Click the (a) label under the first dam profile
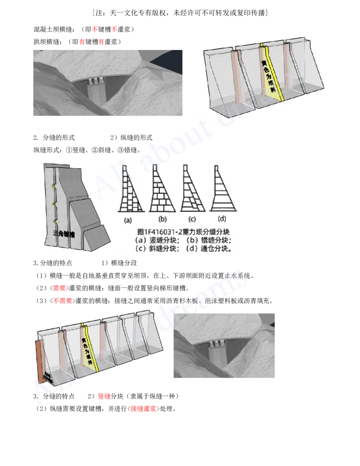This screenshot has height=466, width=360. click(x=128, y=221)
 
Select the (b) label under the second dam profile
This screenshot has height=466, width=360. click(x=163, y=220)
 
